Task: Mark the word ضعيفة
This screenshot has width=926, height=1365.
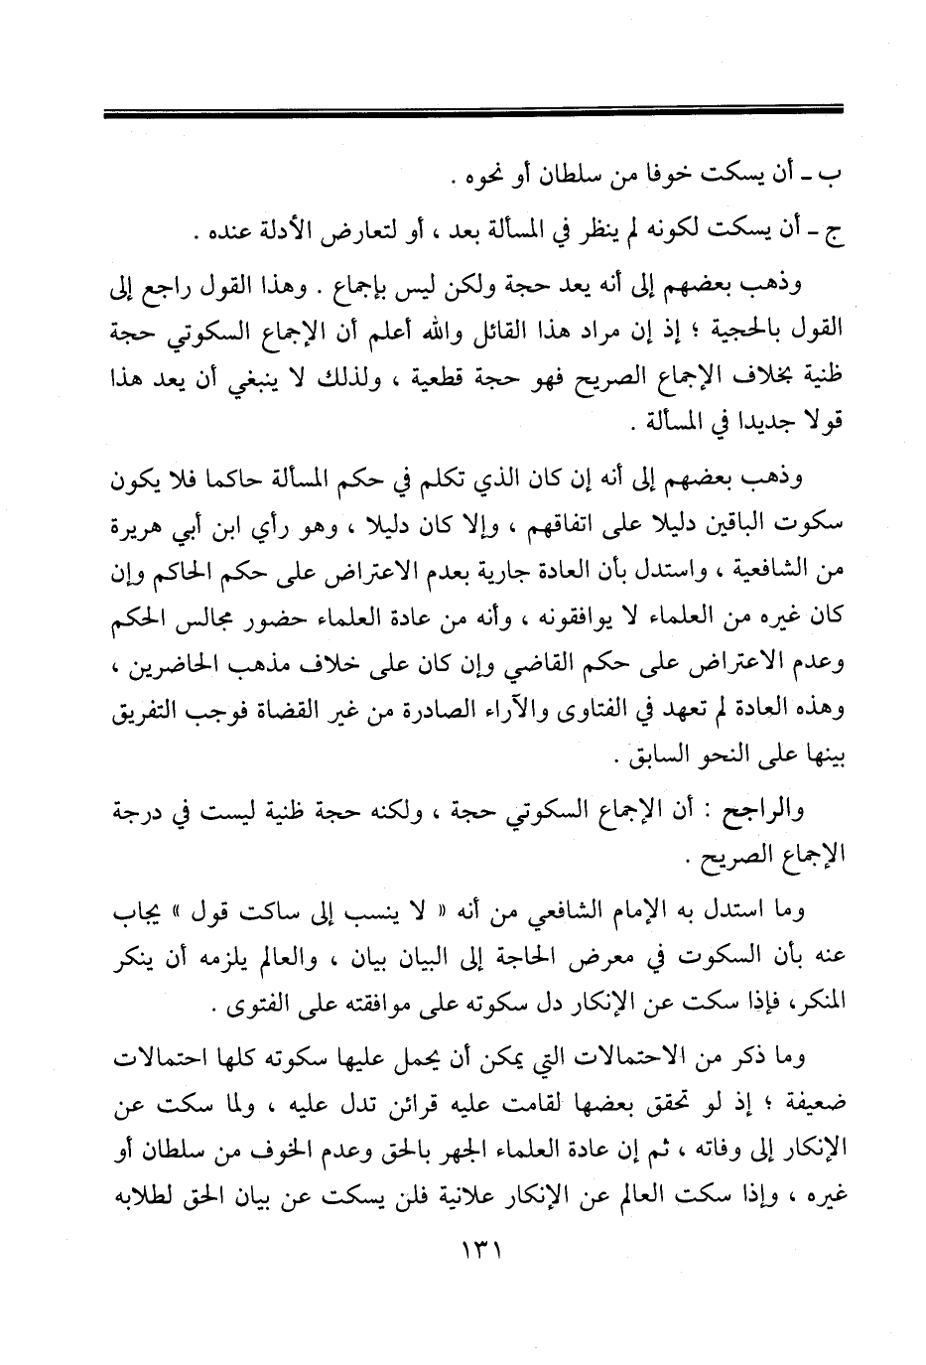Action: point(796,1103)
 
